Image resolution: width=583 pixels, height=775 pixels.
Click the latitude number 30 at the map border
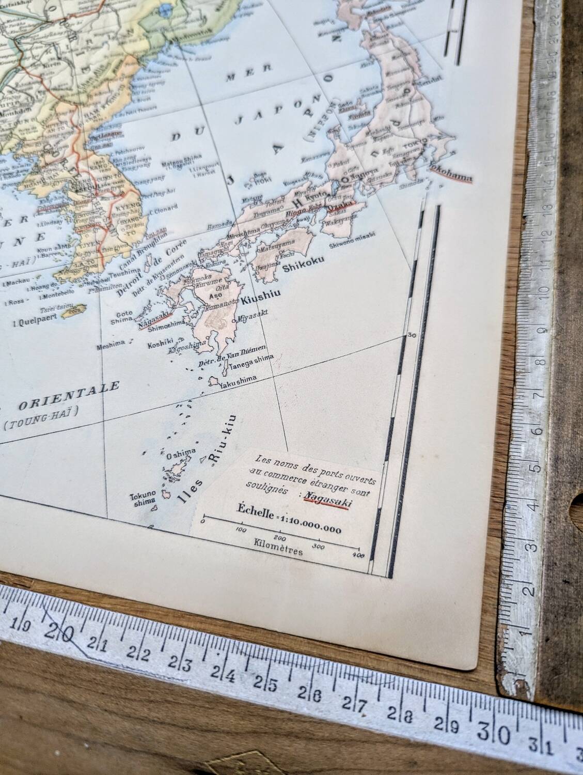(x=412, y=335)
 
